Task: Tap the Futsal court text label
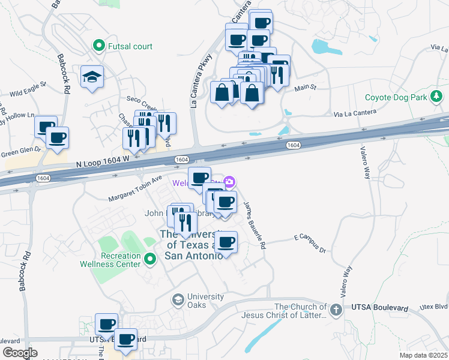click(130, 46)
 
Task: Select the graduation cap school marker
click(92, 77)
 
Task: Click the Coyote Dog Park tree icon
click(438, 96)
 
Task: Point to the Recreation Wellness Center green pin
click(150, 259)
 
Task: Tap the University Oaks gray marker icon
click(178, 299)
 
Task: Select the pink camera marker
click(229, 182)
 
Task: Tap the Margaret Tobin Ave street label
click(136, 189)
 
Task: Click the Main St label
click(306, 88)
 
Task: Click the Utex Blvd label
click(435, 306)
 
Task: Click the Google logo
click(20, 352)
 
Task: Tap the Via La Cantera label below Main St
click(355, 112)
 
